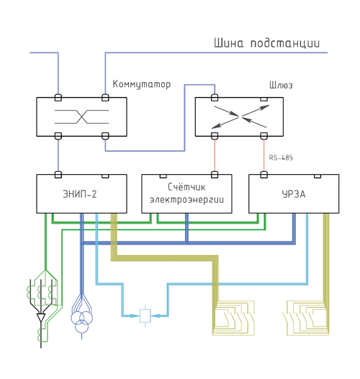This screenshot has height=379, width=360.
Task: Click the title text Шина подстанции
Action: pos(266,43)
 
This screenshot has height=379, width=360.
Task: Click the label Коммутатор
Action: pos(142,84)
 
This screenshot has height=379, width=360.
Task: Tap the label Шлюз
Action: pos(281,86)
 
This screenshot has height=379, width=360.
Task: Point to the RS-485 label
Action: pos(281,157)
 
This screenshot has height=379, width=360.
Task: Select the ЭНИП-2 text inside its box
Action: pos(80,194)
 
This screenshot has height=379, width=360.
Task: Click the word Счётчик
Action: pos(186,187)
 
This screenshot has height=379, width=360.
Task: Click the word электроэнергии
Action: pos(186,200)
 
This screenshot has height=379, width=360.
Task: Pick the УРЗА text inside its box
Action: pos(294,194)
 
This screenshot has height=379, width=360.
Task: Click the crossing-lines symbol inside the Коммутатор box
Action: pos(82,117)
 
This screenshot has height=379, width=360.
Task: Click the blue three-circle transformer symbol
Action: pos(82,321)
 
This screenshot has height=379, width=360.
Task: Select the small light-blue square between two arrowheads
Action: pos(145,316)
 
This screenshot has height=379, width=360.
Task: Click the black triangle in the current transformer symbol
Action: pos(41,317)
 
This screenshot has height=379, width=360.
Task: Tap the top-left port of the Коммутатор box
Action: pos(58,98)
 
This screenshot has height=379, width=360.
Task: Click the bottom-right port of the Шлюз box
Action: pos(264,136)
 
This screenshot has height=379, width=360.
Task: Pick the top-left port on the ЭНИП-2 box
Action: pos(58,175)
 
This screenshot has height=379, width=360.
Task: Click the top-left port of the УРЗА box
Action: pos(264,175)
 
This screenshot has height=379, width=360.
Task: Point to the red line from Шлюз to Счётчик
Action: pos(215,155)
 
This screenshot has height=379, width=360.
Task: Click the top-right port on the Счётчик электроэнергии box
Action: pos(215,175)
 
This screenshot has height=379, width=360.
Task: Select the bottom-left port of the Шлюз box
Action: pos(215,136)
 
